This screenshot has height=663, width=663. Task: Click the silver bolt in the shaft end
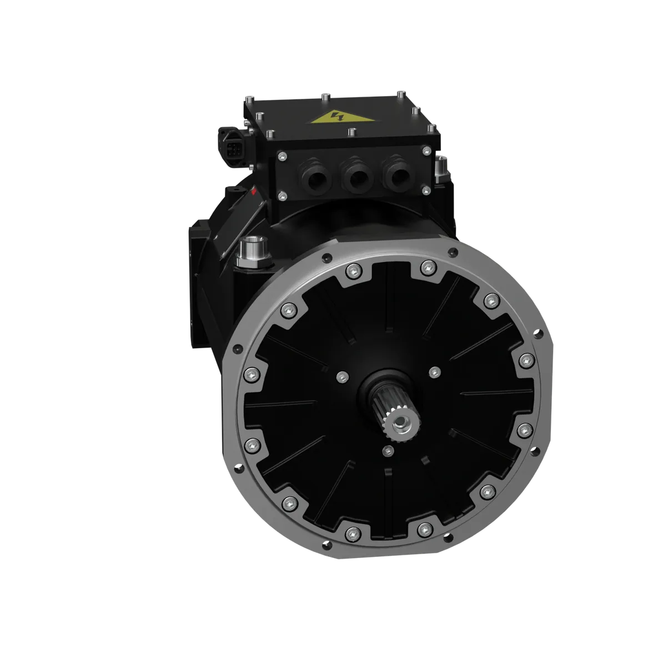coord(401,427)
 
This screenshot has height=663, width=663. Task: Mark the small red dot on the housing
coord(254,193)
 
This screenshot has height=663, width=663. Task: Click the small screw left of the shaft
coord(340,376)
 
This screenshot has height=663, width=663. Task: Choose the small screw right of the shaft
coord(434,371)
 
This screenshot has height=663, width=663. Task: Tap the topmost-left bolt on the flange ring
coord(351,271)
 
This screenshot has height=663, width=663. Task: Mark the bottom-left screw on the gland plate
coord(283,194)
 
